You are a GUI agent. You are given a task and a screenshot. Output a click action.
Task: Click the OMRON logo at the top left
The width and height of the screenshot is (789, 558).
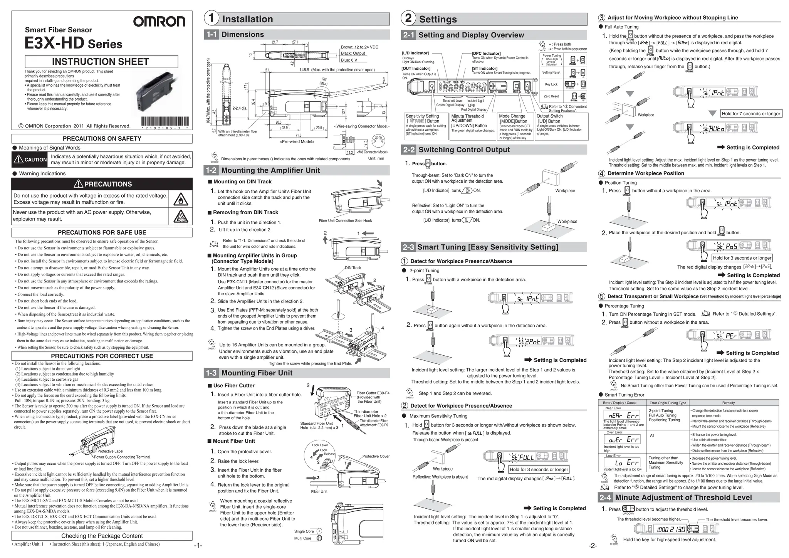point(159,22)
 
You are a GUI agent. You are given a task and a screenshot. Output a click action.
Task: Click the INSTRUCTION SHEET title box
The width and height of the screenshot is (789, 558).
point(101,62)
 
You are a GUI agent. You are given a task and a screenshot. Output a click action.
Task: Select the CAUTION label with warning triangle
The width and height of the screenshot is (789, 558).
point(30,160)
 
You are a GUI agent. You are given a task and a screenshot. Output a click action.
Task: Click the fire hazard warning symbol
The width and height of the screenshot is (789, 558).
point(181,199)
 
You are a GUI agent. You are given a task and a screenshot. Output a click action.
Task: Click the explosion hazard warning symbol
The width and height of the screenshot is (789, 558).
point(181,216)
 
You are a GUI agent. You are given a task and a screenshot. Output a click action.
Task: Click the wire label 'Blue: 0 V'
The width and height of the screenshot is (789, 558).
point(349,60)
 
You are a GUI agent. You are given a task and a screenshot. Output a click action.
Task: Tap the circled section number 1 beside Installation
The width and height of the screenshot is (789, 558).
point(211,18)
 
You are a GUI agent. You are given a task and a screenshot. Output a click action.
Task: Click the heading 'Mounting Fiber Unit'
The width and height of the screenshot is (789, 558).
point(257,373)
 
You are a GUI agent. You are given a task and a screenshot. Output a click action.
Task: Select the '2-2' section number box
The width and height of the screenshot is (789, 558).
point(408,150)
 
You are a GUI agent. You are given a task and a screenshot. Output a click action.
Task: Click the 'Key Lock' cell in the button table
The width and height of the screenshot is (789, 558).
point(551,84)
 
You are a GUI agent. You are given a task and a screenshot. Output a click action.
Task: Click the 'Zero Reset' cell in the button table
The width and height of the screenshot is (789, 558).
point(551,96)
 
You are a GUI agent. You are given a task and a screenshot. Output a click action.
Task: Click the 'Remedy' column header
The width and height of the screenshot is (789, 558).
point(728,403)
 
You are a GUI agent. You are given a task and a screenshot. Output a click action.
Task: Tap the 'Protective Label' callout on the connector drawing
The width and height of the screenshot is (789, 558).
point(110,451)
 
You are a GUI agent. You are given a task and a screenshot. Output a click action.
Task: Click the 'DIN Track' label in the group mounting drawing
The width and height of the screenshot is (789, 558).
point(353,268)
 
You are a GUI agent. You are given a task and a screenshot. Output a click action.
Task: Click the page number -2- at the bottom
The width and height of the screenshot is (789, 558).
point(593,545)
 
